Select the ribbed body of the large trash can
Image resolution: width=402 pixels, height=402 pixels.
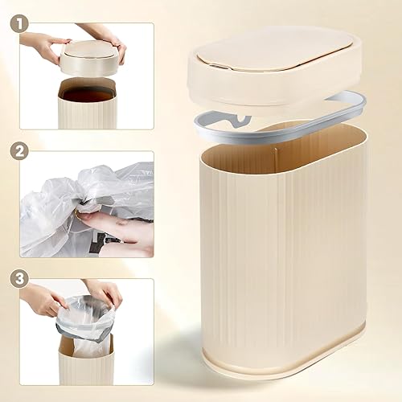point(281,257)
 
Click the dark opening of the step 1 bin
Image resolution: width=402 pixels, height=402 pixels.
point(86,95)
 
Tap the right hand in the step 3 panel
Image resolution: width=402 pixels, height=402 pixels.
point(105,291)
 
